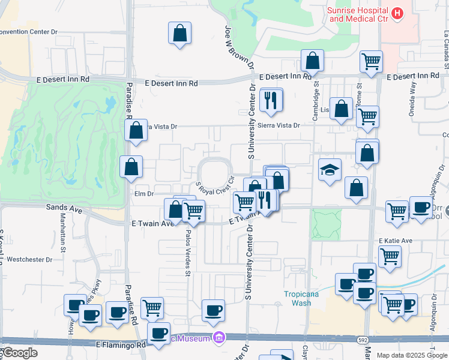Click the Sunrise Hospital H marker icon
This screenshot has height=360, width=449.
click(x=396, y=13)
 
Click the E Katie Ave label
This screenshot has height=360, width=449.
click(x=395, y=241)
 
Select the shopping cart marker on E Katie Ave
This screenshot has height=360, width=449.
click(x=390, y=257)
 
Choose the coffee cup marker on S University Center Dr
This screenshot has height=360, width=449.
click(x=213, y=311)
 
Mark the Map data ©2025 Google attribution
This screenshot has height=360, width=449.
click(x=412, y=355)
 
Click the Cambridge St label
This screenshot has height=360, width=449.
click(x=316, y=96)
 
